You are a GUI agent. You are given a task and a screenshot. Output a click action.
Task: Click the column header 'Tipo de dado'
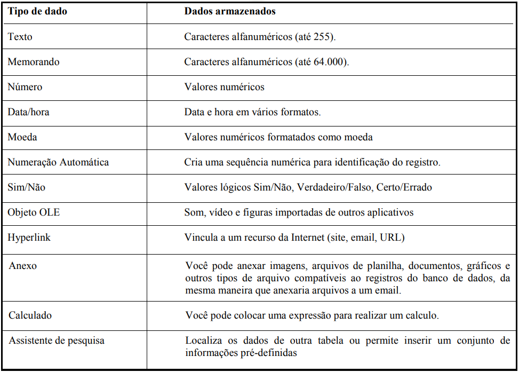point(37,11)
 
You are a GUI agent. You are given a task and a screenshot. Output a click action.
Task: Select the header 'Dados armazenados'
point(230,11)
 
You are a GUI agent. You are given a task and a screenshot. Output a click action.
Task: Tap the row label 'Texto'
point(20,37)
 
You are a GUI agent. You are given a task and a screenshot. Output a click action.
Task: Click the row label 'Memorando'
point(34,62)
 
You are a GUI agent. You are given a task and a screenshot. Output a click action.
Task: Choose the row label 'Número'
point(25,87)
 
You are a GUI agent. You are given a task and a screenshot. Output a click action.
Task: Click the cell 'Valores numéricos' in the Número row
point(224,87)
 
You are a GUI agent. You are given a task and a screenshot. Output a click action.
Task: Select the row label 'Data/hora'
point(28,112)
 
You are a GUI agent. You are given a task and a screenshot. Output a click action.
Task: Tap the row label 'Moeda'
point(22,137)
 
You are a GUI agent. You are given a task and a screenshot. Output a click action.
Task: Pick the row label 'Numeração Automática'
point(58,162)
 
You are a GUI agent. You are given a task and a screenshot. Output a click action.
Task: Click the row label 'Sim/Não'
point(26,187)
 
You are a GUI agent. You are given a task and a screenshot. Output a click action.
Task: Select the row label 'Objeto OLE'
point(34,212)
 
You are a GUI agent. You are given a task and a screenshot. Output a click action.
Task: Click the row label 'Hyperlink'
point(29,238)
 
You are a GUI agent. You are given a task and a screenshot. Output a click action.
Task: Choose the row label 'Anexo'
point(22,265)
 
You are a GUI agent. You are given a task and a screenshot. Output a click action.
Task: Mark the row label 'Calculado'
point(30,315)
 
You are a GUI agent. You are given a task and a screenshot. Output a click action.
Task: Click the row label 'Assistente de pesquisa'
point(56,341)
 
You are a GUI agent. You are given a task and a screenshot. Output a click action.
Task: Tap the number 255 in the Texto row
point(324,37)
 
